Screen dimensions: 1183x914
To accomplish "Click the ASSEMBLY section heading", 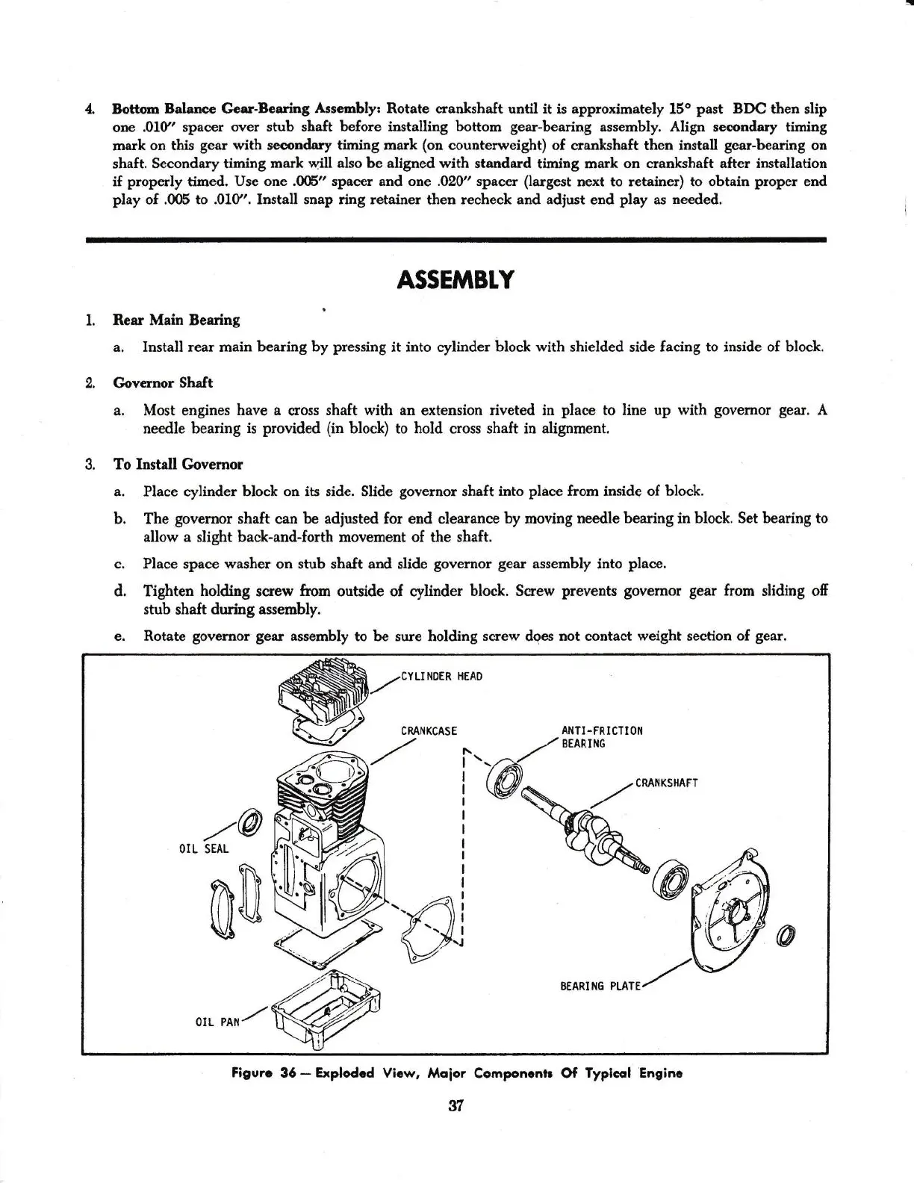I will tap(456, 279).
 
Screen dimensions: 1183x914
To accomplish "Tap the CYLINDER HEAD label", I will tap(441, 677).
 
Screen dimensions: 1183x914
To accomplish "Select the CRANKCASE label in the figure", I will tap(429, 730).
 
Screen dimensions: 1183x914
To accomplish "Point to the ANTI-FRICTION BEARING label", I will tap(601, 737).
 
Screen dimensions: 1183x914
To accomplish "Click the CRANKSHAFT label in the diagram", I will tap(666, 783).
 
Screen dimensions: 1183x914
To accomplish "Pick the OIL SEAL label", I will tap(204, 849).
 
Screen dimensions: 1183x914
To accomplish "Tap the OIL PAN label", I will tap(215, 1022).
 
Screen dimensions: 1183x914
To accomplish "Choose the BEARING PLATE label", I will tap(600, 986).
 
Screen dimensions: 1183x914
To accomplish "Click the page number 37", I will tap(456, 1107).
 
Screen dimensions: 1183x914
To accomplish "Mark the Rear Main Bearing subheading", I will tap(176, 320).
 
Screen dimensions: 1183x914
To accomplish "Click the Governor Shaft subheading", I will tap(163, 382).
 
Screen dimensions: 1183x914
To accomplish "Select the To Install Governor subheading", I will tap(178, 464).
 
